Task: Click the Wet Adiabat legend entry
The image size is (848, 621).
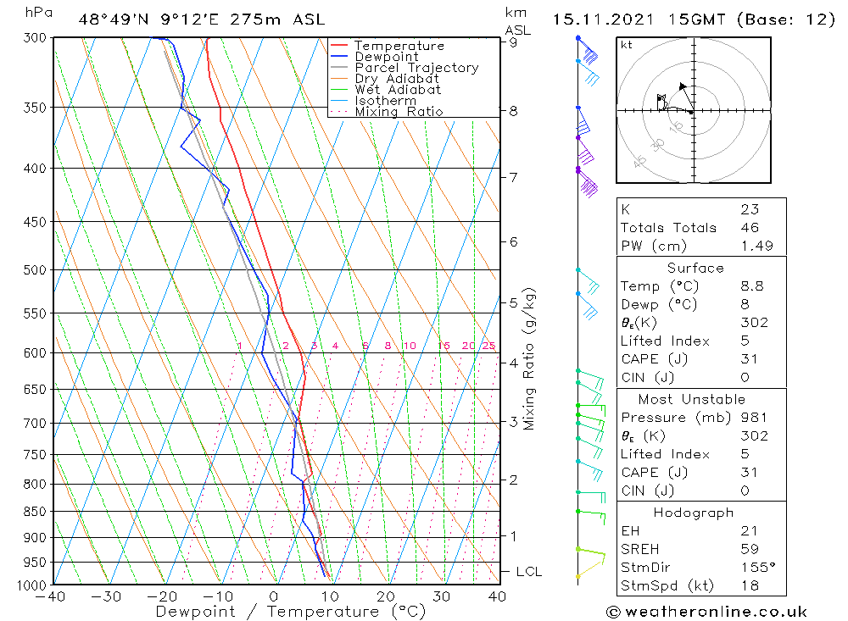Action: click(398, 90)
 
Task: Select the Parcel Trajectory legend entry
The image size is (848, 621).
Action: click(416, 68)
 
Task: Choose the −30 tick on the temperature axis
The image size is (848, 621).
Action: click(107, 596)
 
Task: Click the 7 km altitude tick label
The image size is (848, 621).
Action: click(513, 177)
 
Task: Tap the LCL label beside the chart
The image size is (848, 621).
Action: click(528, 572)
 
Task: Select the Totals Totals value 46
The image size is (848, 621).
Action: click(749, 227)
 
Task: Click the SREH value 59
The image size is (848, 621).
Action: click(749, 549)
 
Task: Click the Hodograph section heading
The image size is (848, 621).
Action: click(695, 513)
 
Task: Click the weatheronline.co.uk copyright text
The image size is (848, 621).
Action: click(706, 612)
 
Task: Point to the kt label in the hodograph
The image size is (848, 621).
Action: click(626, 46)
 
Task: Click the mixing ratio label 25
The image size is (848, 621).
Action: click(488, 346)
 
